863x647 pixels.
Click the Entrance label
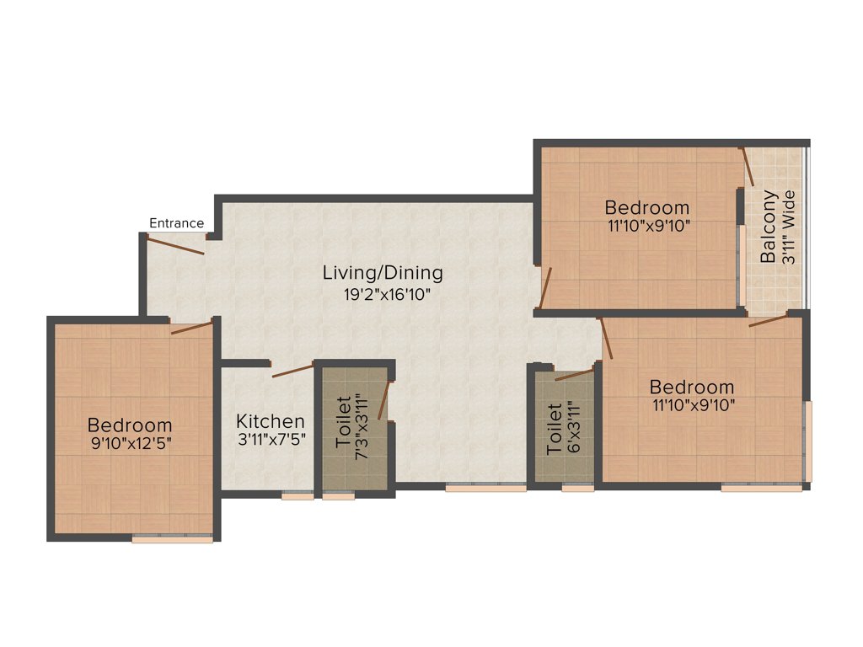point(176,223)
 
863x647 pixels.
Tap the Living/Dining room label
point(383,273)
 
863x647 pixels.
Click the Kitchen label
point(270,420)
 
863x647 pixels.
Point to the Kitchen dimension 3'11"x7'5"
point(270,439)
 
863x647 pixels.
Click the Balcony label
point(769,227)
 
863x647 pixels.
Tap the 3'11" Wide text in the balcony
point(789,227)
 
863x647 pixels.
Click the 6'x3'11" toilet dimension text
point(573,429)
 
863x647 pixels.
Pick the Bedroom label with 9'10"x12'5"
point(130,425)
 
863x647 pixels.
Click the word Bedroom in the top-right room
point(647,207)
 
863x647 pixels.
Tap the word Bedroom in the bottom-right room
point(692,388)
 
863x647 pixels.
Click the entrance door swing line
point(175,245)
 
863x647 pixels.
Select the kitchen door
point(292,370)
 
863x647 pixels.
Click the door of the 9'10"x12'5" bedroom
point(192,328)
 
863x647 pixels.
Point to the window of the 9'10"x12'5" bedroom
point(172,539)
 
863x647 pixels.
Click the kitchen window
point(297,496)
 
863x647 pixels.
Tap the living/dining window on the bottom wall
point(485,487)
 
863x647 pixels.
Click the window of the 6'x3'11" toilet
point(578,487)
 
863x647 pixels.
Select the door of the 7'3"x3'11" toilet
point(384,400)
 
